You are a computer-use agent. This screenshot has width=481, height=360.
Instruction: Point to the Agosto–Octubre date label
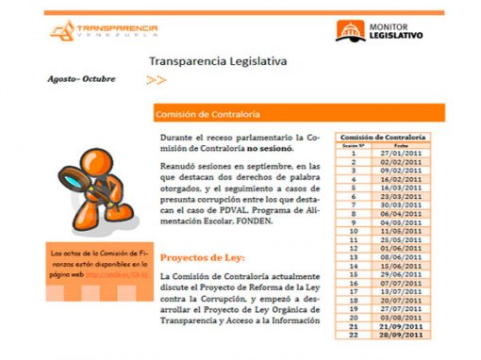82,78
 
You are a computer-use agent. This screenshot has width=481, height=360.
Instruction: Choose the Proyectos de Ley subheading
203,256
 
